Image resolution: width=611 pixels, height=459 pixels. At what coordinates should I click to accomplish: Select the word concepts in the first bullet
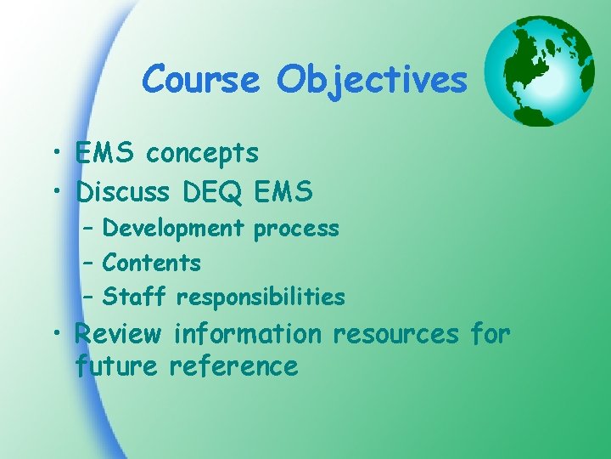click(202, 155)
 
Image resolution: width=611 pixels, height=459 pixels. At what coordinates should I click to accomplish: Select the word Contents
click(152, 263)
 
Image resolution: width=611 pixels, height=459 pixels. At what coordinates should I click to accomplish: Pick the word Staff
click(135, 297)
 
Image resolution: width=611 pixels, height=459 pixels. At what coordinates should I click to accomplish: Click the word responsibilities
click(261, 297)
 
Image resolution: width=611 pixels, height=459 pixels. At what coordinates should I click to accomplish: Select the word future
click(116, 366)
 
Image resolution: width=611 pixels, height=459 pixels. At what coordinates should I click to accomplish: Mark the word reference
click(233, 366)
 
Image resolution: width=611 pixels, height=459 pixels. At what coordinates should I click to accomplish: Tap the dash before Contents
click(88, 263)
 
